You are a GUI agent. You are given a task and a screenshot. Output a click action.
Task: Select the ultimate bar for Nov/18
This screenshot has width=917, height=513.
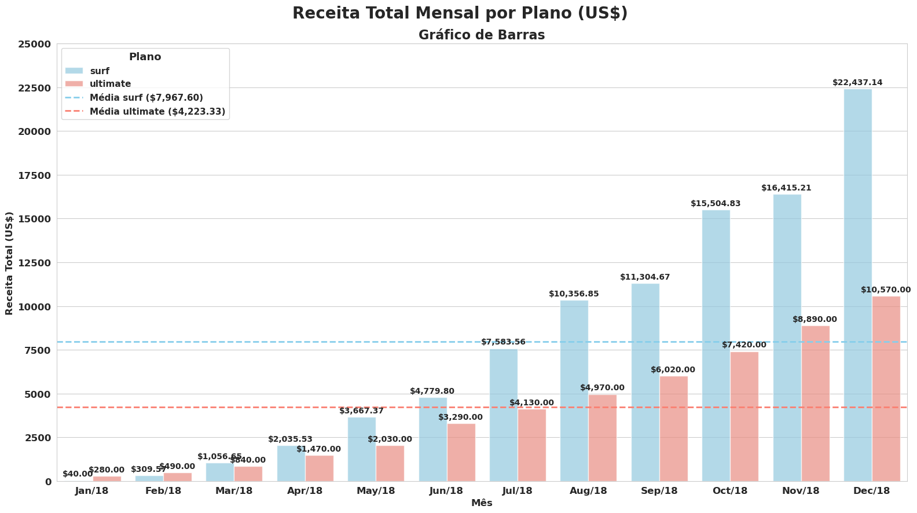point(815,404)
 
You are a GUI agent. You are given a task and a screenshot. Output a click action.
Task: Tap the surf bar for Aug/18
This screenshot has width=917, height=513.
point(574,391)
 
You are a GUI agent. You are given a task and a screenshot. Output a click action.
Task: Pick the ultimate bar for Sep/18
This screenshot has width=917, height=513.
point(673,428)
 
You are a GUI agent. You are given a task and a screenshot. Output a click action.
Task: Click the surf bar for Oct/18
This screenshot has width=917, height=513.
point(716,346)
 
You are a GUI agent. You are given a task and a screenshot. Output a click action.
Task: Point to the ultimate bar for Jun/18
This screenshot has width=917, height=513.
point(461,452)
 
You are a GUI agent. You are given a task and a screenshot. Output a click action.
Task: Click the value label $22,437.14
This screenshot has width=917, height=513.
point(857,83)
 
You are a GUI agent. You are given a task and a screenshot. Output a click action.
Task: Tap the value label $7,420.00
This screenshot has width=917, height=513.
point(744,345)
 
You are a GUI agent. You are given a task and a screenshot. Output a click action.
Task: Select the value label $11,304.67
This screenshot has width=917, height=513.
point(645,277)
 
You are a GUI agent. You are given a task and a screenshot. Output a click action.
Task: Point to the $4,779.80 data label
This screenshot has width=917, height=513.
point(432,391)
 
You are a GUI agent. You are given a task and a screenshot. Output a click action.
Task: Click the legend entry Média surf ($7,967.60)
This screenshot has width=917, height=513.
point(146,97)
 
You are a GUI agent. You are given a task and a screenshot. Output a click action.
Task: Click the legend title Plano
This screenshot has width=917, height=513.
point(145,57)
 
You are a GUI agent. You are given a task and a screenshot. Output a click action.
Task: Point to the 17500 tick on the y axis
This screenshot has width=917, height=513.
point(35,175)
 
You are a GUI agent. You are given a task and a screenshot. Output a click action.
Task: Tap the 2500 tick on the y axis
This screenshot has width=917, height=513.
point(38,438)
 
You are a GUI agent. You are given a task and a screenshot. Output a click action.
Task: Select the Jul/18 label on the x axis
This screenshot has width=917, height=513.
point(518,491)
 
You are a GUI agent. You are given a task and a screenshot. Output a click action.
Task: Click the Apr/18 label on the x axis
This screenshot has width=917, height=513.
point(305,491)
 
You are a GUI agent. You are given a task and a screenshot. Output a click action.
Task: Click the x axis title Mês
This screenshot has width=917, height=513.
point(482,503)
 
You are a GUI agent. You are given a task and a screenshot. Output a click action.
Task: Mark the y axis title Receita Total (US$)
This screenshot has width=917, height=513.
point(9,263)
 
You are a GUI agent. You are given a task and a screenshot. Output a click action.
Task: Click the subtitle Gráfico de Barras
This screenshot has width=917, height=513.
point(482,35)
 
